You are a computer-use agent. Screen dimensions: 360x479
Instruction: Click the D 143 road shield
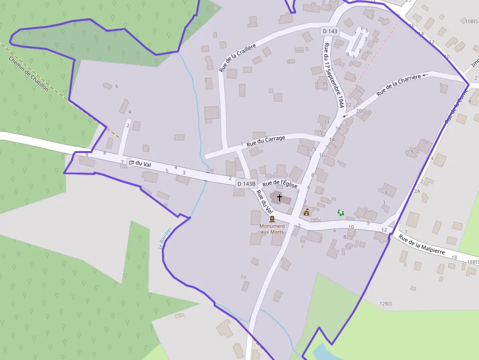point(330,31)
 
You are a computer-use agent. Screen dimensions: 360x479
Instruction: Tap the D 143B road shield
point(246,184)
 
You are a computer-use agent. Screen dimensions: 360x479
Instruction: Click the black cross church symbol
point(280,198)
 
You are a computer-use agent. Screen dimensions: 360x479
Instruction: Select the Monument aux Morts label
point(272,229)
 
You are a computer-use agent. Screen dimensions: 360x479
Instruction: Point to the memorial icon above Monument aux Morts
point(272,219)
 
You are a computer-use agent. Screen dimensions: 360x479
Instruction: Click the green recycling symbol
point(341,212)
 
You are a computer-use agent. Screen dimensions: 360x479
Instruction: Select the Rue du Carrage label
point(265,141)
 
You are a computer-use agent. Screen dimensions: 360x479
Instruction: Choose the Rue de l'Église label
point(280,184)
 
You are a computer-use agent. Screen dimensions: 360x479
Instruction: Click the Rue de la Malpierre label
point(422,245)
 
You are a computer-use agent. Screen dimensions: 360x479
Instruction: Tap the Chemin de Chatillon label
point(28,74)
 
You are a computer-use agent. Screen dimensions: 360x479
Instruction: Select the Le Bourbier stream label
point(165,238)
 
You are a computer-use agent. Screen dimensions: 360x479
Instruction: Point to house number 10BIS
point(471,21)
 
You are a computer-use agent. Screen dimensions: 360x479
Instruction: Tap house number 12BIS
point(386,304)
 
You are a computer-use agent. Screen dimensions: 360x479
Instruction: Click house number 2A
point(417,191)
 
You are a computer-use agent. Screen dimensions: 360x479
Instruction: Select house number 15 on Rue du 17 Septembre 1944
point(325,84)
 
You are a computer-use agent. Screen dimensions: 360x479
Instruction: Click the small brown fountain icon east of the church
point(306,212)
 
